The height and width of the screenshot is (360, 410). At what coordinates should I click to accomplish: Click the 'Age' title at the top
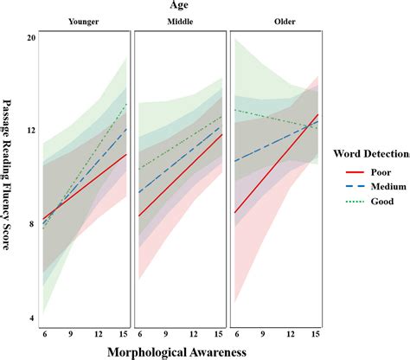click(181, 7)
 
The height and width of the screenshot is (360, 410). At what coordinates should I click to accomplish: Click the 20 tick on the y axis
click(31, 39)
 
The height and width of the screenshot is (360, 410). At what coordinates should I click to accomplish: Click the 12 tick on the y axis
click(31, 132)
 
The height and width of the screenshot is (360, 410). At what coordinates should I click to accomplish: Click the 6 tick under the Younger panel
click(46, 334)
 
